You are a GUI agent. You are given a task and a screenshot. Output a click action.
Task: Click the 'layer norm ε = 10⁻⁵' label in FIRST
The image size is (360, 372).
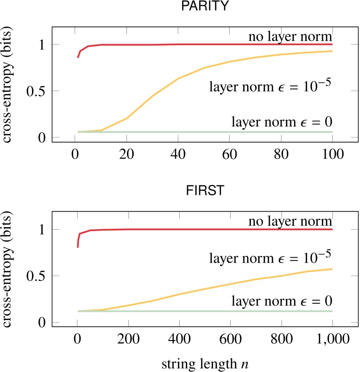[x=271, y=258]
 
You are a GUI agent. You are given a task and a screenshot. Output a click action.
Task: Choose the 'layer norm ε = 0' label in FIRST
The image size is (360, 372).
[x=282, y=301]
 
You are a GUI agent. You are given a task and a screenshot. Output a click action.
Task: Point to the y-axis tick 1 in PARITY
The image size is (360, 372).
[x=41, y=45]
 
